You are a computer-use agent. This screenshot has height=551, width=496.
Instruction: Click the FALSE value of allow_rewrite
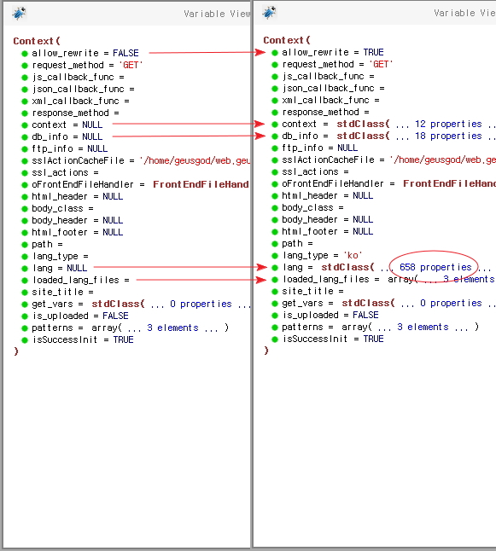[x=125, y=53]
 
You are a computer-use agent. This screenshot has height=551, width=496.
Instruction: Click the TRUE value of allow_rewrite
[x=373, y=52]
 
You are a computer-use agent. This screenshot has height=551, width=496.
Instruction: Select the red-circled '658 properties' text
[x=435, y=267]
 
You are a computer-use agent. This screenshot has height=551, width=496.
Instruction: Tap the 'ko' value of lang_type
[x=353, y=255]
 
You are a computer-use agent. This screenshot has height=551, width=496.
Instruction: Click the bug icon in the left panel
[x=19, y=14]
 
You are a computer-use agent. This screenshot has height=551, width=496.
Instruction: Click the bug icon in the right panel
[x=269, y=13]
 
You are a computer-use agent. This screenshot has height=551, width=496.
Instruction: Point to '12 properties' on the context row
[x=448, y=124]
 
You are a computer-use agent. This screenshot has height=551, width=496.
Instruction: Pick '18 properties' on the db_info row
[x=448, y=136]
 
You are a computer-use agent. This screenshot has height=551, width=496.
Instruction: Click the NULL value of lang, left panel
[x=77, y=268]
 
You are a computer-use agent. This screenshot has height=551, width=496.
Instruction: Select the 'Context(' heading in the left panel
[x=37, y=41]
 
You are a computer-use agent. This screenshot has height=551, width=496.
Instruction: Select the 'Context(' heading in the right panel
[x=287, y=40]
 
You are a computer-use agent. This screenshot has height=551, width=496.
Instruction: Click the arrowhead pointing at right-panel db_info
[x=260, y=136]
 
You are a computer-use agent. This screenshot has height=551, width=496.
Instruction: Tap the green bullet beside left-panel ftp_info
[x=24, y=149]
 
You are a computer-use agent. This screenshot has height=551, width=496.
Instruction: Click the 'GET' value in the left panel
[x=131, y=65]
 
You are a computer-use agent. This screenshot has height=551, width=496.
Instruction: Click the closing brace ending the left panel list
[x=16, y=351]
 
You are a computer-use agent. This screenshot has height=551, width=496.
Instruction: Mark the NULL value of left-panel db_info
[x=92, y=136]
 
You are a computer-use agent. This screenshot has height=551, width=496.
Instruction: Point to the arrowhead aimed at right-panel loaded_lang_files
[x=261, y=280]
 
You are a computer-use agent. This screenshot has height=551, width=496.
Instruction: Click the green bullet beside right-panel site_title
[x=275, y=292]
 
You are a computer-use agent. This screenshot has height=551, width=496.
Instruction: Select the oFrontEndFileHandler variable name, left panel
[x=82, y=184]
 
